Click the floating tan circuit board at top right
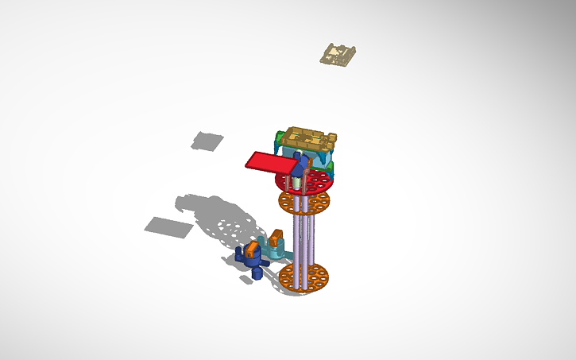tap(338, 55)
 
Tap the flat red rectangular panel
tap(270, 162)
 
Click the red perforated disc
tap(317, 182)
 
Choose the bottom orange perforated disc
tap(303, 277)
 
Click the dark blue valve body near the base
tap(253, 263)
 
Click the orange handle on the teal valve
tap(276, 236)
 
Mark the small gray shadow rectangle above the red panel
tap(208, 141)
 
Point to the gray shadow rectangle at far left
tap(168, 226)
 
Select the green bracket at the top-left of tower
tap(278, 140)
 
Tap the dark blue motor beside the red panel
tap(302, 163)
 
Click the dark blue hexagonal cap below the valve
tap(257, 275)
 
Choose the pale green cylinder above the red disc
tap(296, 182)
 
